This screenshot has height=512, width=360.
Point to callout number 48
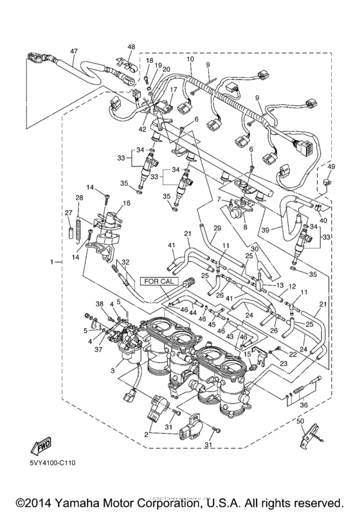131,46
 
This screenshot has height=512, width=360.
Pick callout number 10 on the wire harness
190,60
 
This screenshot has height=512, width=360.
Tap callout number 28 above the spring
80,197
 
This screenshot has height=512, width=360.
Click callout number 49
332,166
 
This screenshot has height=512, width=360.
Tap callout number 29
217,228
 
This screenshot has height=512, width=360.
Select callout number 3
114,371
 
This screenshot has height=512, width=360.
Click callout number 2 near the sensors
147,434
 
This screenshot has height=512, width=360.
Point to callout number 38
99,303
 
